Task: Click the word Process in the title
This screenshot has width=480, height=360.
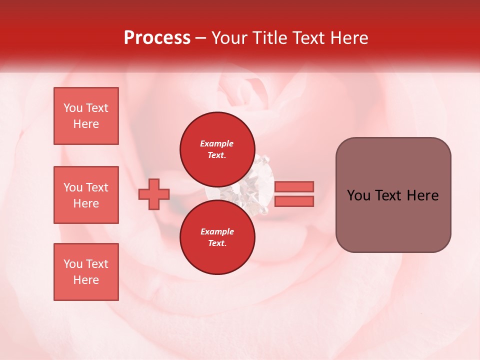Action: click(x=157, y=38)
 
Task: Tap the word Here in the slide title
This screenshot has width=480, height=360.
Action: click(x=348, y=38)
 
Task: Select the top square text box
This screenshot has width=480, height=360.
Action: click(x=86, y=116)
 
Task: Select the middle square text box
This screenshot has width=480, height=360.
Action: click(x=86, y=195)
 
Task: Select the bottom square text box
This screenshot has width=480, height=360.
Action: click(x=86, y=272)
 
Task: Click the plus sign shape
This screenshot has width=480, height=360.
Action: click(x=154, y=194)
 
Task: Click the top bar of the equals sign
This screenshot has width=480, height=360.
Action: click(x=294, y=186)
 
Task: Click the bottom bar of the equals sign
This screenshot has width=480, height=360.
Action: click(x=294, y=201)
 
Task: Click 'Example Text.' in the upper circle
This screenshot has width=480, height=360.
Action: click(x=217, y=149)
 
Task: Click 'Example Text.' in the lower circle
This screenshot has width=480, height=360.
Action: click(x=217, y=237)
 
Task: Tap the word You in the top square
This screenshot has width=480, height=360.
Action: click(x=73, y=108)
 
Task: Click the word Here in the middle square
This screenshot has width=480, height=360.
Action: click(x=86, y=203)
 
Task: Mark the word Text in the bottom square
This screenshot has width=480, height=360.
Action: click(x=97, y=264)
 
